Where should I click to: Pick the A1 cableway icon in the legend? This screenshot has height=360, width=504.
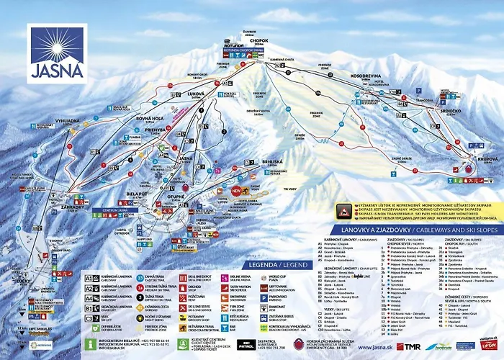coord(89,277)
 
